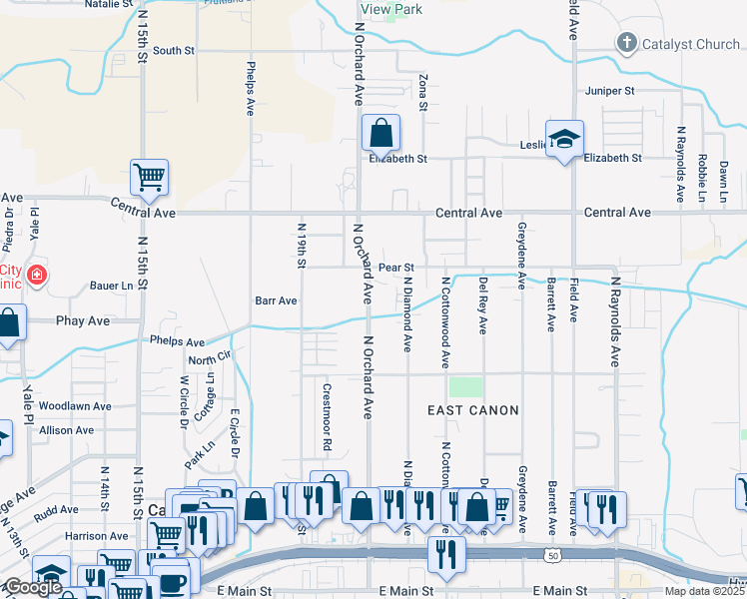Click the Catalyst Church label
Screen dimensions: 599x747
(689, 43)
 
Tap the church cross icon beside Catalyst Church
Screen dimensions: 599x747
(626, 43)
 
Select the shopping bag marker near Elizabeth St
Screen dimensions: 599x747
(380, 133)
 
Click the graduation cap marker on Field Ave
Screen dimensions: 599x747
(564, 139)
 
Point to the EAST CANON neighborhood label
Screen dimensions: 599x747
(473, 410)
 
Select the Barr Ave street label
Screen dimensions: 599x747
(277, 300)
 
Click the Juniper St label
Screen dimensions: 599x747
(610, 91)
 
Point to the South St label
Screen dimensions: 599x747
(173, 51)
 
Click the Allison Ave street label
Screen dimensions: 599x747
(66, 430)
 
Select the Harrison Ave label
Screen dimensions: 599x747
(97, 536)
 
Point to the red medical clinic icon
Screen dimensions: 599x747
(37, 274)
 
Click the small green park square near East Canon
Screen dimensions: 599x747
(465, 386)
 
